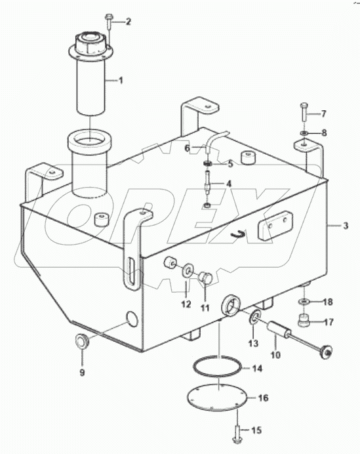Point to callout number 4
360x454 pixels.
pyautogui.click(x=229, y=184)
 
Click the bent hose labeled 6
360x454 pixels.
pyautogui.click(x=214, y=140)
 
